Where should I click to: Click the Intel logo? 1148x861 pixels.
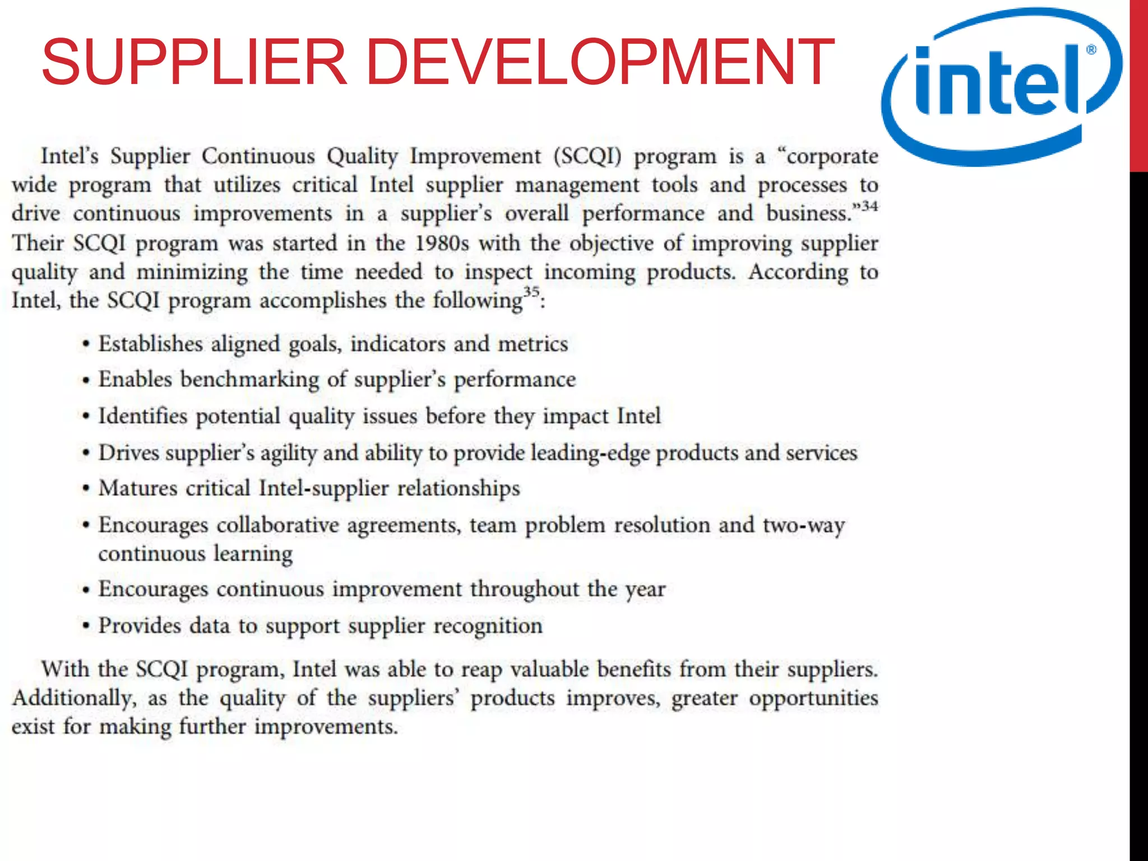[1001, 87]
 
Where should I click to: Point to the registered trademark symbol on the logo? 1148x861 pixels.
[1091, 50]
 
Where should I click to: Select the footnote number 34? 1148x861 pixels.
[869, 206]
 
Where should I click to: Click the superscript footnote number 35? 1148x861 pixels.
[531, 291]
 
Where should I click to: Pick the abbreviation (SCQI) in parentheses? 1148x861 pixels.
[587, 156]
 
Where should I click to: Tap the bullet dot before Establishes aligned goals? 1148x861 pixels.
[86, 344]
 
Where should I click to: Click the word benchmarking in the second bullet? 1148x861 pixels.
[249, 379]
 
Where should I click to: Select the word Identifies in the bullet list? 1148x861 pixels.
[143, 416]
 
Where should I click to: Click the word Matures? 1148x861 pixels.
[138, 488]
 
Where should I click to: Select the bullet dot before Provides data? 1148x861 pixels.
[86, 626]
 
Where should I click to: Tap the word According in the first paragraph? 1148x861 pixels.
[798, 272]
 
